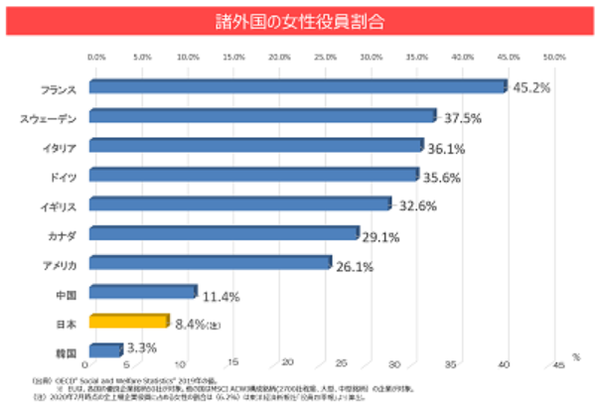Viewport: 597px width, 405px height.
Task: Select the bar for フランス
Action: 298,86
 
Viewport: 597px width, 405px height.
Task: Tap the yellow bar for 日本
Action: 129,322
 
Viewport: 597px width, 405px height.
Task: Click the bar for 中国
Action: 143,292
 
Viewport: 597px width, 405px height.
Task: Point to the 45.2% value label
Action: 531,87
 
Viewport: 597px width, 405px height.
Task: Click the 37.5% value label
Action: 462,117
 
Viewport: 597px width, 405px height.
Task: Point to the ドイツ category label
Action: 63,177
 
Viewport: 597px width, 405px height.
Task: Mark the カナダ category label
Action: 63,235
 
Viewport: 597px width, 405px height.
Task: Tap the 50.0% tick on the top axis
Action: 553,58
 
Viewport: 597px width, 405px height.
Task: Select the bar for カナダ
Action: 224,233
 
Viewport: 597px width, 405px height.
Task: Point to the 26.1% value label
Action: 354,266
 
